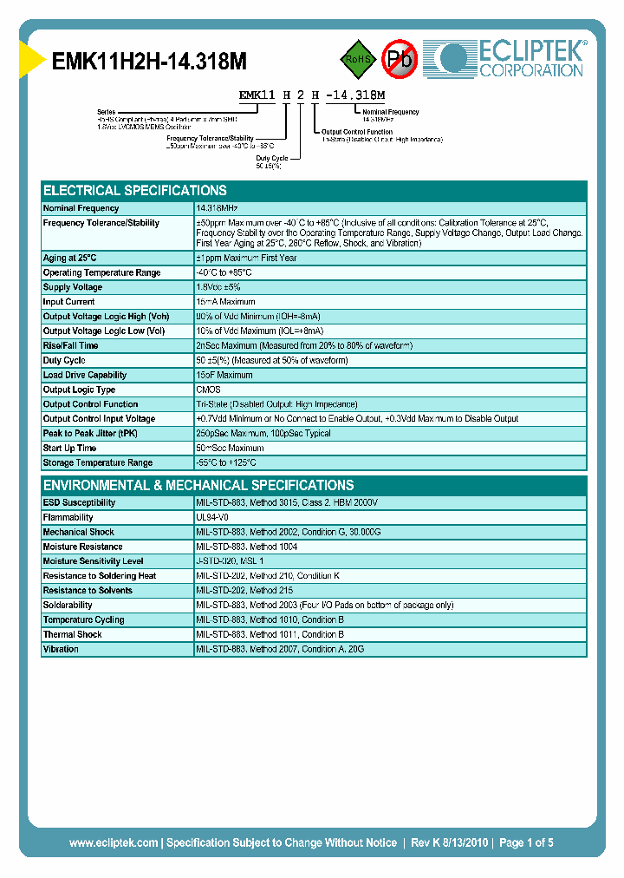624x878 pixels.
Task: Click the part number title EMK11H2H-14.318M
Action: pyautogui.click(x=150, y=62)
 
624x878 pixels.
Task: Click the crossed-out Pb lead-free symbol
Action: pyautogui.click(x=400, y=59)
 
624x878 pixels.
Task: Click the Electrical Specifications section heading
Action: pyautogui.click(x=135, y=190)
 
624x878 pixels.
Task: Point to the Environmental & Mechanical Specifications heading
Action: pyautogui.click(x=198, y=485)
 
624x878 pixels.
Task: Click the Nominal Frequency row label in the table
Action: pyautogui.click(x=81, y=208)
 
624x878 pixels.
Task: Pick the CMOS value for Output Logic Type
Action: pyautogui.click(x=208, y=390)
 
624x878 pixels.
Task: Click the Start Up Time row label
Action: pyautogui.click(x=69, y=449)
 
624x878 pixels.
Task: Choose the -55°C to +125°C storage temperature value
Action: pyautogui.click(x=234, y=463)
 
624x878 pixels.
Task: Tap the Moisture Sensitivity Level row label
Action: pyautogui.click(x=93, y=561)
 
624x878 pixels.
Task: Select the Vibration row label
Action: pyautogui.click(x=61, y=649)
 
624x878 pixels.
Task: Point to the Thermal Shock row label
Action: pyautogui.click(x=73, y=634)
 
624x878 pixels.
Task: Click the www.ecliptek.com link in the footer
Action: pyautogui.click(x=114, y=842)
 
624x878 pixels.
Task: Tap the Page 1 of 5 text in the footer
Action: pyautogui.click(x=526, y=842)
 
